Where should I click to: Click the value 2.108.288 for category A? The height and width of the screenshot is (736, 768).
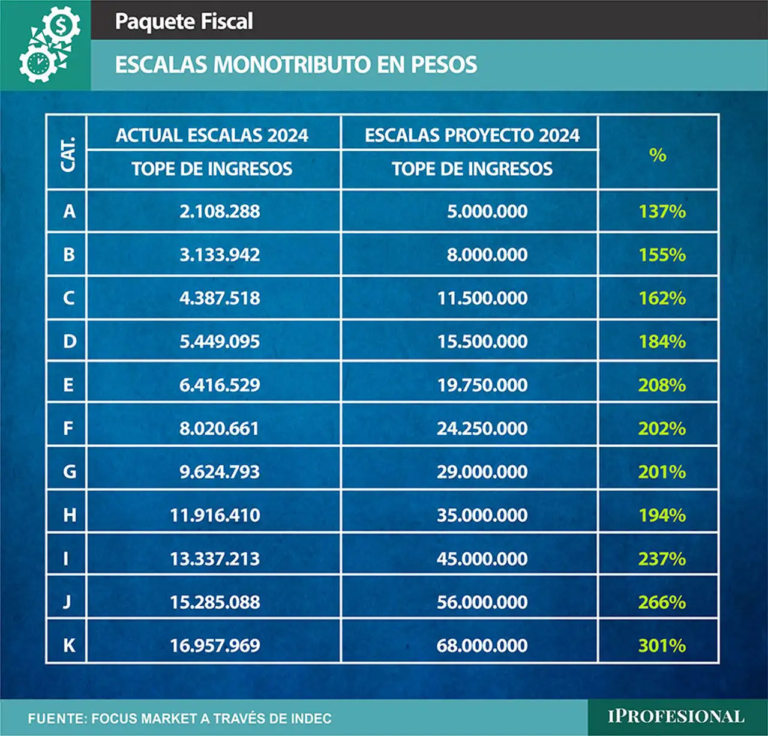pos(220,211)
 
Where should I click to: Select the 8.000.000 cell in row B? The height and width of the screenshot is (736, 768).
pos(487,255)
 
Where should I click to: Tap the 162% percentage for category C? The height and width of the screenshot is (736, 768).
pos(662,298)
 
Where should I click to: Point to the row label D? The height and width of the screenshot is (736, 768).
pos(70,341)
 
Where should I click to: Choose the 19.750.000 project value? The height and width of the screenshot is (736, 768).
pos(482,385)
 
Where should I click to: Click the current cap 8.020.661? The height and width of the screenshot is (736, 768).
pos(220,429)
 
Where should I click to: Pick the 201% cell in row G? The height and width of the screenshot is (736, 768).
pos(662,472)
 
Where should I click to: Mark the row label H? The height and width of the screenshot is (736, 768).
pos(70,515)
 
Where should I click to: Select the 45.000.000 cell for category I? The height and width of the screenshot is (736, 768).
pos(482,559)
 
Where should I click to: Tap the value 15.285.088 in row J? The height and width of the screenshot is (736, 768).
pos(215,602)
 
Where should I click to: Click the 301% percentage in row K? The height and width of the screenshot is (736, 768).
pos(662,645)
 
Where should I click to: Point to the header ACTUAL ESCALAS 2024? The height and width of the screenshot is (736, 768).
pos(212,136)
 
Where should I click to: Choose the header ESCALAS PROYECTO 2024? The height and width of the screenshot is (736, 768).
pos(472,136)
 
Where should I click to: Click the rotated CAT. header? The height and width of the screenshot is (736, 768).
pos(67,154)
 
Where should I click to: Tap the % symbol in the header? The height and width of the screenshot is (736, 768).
pos(658,155)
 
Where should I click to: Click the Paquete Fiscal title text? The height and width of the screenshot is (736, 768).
pos(184,22)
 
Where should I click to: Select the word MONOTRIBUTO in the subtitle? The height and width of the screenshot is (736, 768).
pos(292,64)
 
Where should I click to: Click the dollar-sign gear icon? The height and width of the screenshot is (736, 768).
pos(61,25)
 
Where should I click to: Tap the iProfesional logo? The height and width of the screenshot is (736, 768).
pos(676,717)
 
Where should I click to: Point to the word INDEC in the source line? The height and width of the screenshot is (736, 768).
pos(311,718)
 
